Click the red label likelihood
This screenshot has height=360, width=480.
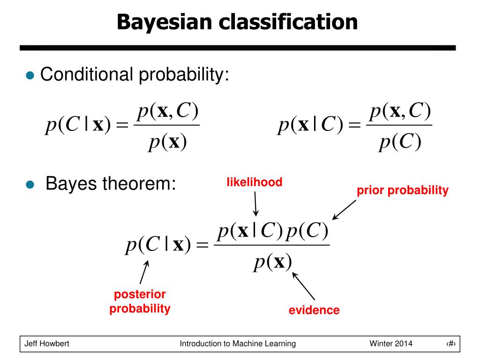pos(255,182)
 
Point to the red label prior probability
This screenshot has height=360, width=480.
pos(402,190)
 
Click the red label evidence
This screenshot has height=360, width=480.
pos(314,310)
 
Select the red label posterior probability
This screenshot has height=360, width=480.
pos(140,301)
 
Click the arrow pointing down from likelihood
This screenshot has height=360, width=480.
pos(256,203)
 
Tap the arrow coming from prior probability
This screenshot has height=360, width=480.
pos(345,210)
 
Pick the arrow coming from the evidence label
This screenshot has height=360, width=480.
pos(303,287)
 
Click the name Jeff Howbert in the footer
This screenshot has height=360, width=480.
pos(47,344)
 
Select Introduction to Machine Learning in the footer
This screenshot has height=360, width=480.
pos(238,344)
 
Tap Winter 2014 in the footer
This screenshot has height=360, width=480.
pos(391,344)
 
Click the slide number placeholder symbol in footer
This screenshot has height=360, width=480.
pos(451,344)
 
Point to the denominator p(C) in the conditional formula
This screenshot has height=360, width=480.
pos(400,142)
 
